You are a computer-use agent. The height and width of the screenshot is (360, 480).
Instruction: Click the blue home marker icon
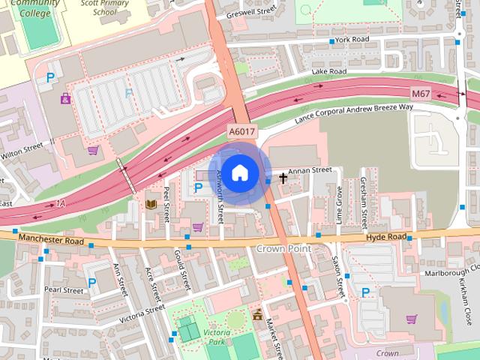pos(238,173)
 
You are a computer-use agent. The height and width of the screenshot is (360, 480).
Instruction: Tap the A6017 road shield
pos(241,131)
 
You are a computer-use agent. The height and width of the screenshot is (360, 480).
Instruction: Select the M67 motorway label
pos(421,92)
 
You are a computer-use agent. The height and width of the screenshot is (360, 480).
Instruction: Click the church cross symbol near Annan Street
pos(283,178)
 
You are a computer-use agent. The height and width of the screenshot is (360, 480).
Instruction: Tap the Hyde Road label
pos(385,237)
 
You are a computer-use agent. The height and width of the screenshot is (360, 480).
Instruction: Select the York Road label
pos(352,39)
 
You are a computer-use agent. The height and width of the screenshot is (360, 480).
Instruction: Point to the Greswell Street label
pos(256,12)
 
